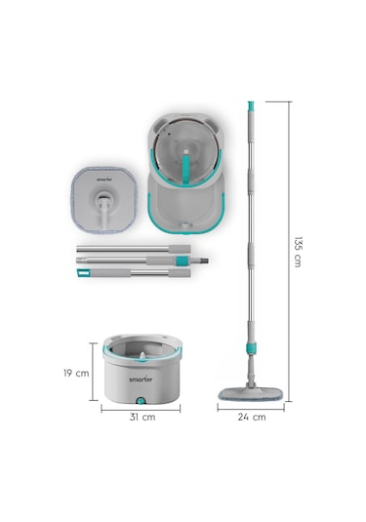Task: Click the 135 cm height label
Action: [x=298, y=252]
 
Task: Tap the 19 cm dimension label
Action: [x=76, y=373]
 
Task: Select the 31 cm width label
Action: [x=142, y=417]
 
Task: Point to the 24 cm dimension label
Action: [x=252, y=417]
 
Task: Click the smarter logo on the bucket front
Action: [x=141, y=380]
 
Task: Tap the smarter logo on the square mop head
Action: [x=104, y=180]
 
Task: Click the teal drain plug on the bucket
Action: [x=142, y=401]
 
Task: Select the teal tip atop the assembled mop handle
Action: [x=251, y=106]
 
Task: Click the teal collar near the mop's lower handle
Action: [x=252, y=347]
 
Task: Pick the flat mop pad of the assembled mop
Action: [x=251, y=394]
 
